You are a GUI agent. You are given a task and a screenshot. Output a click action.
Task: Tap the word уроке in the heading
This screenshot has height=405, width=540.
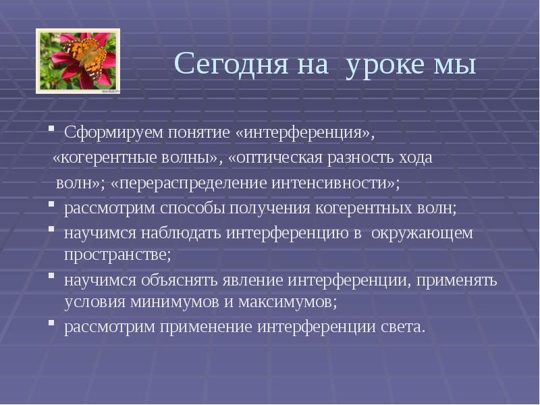coord(385,65)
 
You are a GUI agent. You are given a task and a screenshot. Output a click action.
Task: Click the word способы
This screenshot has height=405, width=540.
coord(193,209)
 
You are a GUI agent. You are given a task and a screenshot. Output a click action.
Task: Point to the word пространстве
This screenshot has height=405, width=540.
coord(117,256)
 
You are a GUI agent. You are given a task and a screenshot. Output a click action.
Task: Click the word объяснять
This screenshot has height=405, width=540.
coord(182,280)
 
